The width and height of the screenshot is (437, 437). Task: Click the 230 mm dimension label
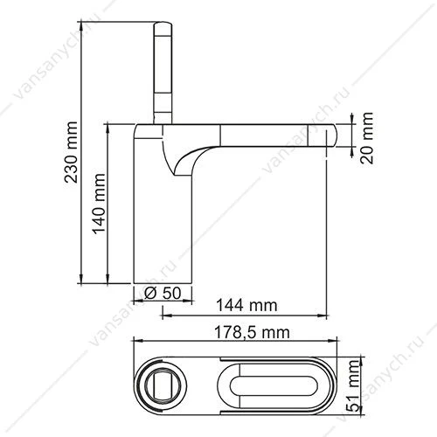[x=71, y=152]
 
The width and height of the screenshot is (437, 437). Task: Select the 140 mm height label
[x=99, y=204]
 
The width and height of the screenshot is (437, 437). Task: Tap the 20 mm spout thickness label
[x=367, y=137]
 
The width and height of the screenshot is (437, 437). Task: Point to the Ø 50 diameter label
[x=163, y=293]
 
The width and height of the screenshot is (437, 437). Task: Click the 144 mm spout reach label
[x=246, y=305]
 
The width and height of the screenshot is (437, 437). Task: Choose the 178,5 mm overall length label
[x=252, y=332]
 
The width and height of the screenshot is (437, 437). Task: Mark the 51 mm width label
[x=353, y=385]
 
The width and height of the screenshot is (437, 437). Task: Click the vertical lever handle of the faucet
[x=163, y=73]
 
